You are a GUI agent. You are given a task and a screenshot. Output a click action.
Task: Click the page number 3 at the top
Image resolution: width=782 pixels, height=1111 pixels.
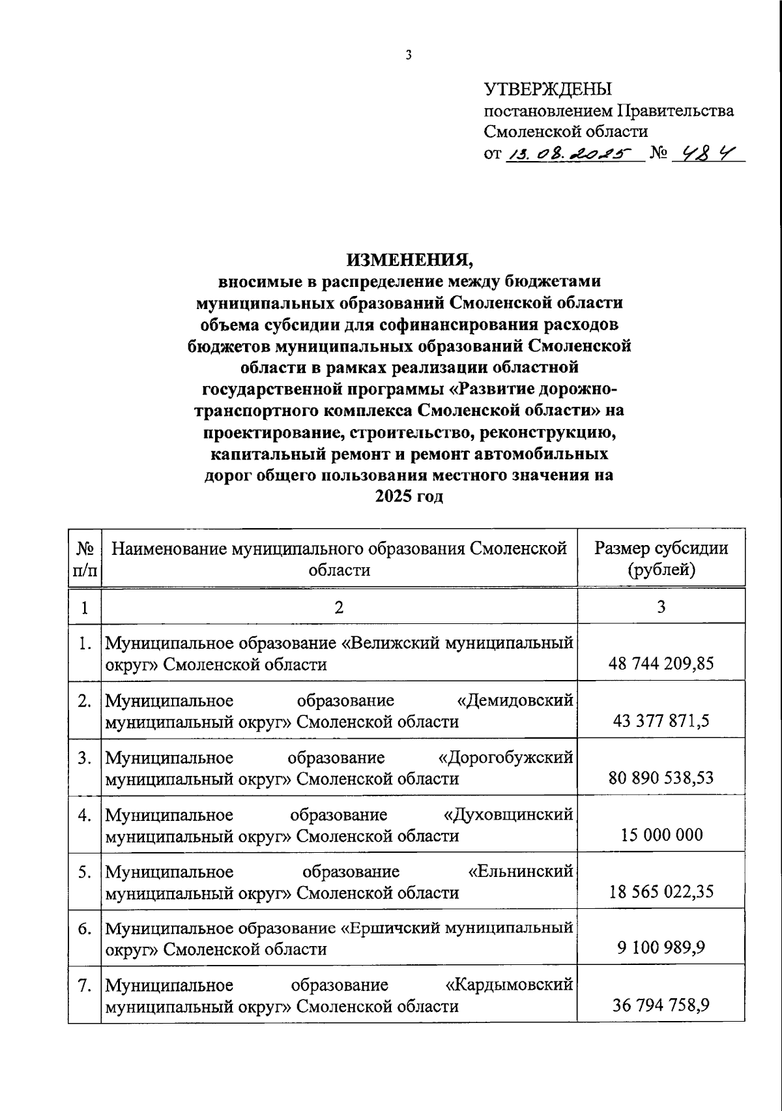409,55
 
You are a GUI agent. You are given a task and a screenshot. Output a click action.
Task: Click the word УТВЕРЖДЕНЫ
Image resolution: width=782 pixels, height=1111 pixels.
547,89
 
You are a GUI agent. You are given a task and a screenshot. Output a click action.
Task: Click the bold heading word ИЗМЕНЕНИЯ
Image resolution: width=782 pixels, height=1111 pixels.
409,259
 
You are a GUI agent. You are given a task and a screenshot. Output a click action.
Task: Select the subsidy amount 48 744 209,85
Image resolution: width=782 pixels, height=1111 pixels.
661,664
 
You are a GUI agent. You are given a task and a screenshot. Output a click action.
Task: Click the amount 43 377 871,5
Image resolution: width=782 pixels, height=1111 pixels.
661,721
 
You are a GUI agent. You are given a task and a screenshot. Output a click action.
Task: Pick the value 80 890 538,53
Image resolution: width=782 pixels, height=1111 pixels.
661,778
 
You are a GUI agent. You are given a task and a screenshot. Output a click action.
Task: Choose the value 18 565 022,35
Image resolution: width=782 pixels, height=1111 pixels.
661,891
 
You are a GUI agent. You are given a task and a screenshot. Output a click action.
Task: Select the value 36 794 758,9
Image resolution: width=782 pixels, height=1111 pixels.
661,1005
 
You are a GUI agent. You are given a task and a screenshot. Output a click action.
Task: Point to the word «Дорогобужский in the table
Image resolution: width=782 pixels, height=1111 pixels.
506,758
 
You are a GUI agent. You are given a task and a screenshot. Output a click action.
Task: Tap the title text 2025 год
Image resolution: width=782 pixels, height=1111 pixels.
409,496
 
